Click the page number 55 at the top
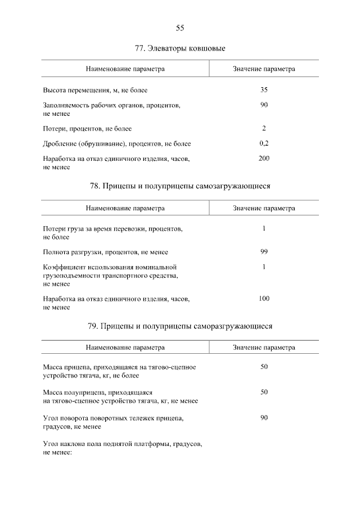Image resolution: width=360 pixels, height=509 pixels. click(x=180, y=28)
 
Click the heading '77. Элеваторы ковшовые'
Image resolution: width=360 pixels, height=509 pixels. click(x=180, y=48)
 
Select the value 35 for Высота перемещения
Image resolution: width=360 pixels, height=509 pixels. click(x=264, y=89)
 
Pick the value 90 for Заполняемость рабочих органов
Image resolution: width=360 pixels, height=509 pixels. click(x=264, y=105)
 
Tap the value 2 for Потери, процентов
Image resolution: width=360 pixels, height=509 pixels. click(x=264, y=128)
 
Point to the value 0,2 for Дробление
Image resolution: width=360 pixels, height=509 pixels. click(x=264, y=143)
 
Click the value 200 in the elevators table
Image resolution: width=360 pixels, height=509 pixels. click(x=264, y=158)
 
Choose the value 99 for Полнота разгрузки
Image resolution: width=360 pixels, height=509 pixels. click(x=264, y=251)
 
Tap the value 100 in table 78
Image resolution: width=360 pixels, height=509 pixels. click(x=264, y=298)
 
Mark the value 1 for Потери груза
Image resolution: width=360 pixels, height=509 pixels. click(x=264, y=228)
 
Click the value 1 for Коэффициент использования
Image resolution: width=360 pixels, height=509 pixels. click(x=264, y=267)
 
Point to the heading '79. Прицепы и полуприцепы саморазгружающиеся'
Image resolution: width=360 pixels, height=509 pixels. click(x=180, y=325)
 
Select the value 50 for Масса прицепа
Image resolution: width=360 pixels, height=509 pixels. click(x=264, y=367)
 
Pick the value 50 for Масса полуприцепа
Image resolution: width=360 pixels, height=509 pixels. click(x=264, y=391)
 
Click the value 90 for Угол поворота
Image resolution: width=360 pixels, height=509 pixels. click(x=264, y=418)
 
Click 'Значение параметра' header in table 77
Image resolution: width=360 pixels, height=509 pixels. click(x=264, y=69)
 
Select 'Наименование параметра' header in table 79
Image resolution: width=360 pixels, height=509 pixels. click(x=125, y=348)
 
